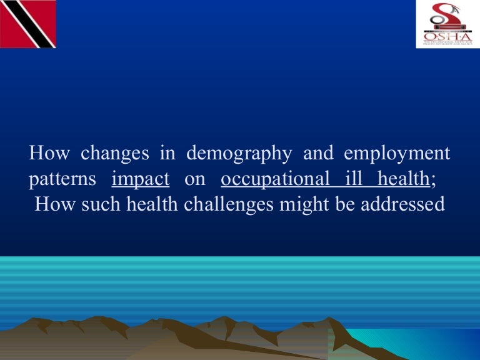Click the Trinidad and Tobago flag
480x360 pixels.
coord(28,24)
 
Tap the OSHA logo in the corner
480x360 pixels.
coord(445,24)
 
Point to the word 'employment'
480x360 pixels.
coord(397,153)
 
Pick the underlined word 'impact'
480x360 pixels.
coord(141,179)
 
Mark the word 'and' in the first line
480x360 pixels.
coord(317,152)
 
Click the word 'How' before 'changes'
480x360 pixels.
coord(49,152)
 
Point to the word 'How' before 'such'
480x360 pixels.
coord(55,204)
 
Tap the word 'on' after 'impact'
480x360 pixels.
coord(195,180)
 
